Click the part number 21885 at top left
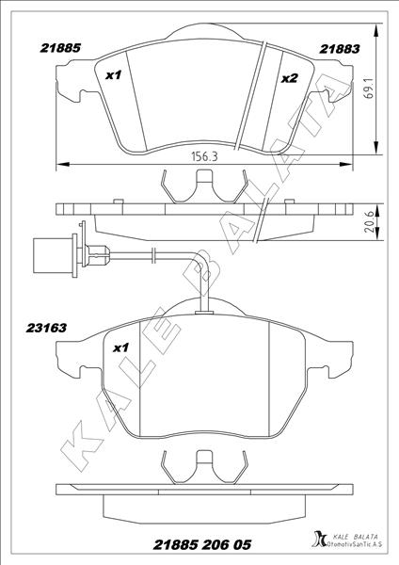59,44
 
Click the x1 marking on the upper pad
115,74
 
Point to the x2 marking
289,78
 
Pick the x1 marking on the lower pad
120,347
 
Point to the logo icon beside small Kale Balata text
318,540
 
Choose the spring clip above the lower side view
204,464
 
